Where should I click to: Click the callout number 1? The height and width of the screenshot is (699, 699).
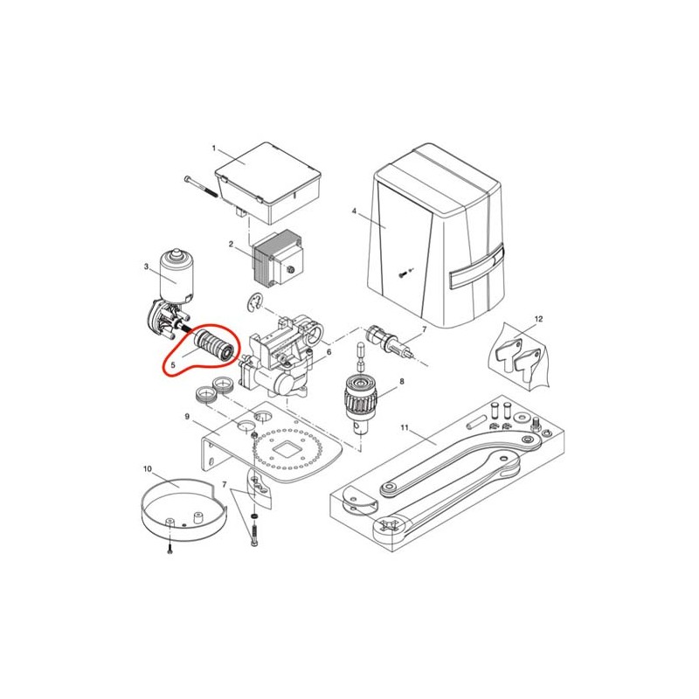[x=213, y=148]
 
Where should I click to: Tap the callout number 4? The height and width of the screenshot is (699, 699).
[x=354, y=211]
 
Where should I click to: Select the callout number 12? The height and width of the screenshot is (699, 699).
[x=538, y=319]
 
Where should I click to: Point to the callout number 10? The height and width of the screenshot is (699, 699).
[x=148, y=469]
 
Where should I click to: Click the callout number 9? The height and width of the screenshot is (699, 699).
[x=187, y=417]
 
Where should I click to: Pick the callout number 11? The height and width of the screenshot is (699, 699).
[x=405, y=427]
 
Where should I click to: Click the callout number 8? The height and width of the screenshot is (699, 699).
[x=402, y=382]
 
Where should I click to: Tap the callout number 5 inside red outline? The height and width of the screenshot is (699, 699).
[x=173, y=364]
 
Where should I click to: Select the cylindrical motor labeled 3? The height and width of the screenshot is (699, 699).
[x=177, y=276]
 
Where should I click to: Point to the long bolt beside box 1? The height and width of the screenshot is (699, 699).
[x=201, y=186]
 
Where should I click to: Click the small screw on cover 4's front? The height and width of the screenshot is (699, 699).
[x=403, y=275]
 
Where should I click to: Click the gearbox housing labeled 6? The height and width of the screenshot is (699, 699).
[x=278, y=356]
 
